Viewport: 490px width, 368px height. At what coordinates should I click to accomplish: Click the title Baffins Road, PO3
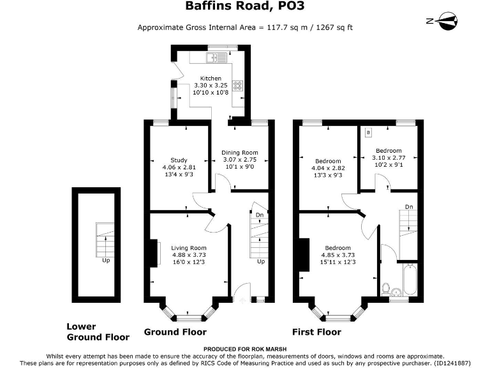[244, 8]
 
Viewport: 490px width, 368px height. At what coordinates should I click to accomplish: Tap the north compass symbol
[442, 21]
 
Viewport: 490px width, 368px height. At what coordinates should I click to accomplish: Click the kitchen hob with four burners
[237, 86]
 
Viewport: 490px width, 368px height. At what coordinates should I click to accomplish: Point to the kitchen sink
[212, 58]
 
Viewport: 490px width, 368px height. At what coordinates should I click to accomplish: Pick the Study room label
[178, 160]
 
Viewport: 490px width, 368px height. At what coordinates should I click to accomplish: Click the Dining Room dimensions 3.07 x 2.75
[239, 160]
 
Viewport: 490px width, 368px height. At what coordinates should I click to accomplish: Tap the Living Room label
[188, 248]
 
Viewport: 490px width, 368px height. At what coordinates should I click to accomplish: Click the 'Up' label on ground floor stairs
[260, 262]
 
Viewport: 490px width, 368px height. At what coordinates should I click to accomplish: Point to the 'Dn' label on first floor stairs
[409, 207]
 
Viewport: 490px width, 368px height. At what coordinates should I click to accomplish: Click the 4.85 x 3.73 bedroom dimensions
[338, 255]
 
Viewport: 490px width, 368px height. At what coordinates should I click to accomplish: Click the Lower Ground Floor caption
[98, 331]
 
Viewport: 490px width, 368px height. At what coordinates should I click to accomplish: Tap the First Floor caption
[316, 332]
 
